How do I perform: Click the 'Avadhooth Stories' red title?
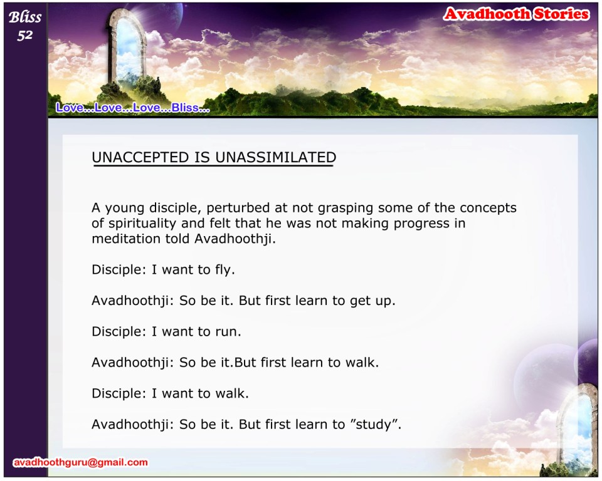point(516,14)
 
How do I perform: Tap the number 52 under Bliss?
point(25,35)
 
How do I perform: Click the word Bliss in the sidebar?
point(25,18)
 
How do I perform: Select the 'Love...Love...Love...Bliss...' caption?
point(133,108)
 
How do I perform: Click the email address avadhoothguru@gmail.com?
point(80,462)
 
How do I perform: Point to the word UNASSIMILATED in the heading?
point(276,157)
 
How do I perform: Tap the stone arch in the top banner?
point(127,48)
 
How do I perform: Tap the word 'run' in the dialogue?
point(226,332)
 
